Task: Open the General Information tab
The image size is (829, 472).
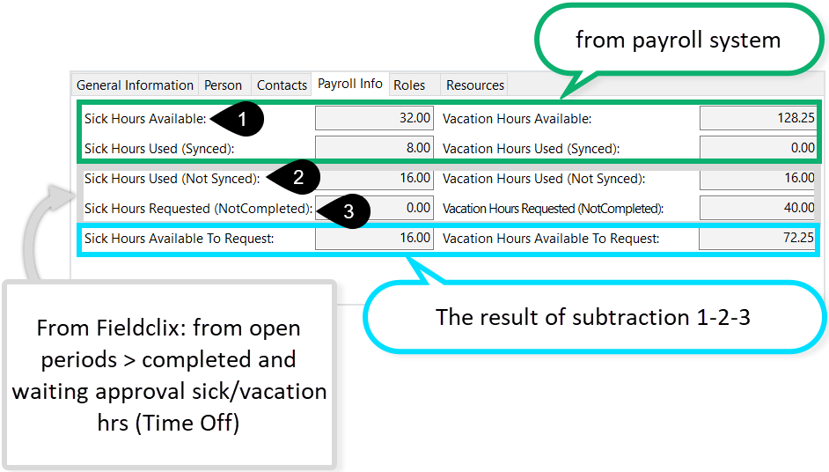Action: coord(135,85)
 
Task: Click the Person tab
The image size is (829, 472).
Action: coord(223,85)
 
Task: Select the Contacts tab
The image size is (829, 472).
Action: coord(282,85)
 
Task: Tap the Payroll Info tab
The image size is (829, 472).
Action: coord(349,84)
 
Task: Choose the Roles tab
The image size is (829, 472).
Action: coord(409,85)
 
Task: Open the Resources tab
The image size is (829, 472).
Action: coord(475,85)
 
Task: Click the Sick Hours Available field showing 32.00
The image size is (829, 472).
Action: coord(374,118)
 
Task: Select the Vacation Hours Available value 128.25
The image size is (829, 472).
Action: coord(758,118)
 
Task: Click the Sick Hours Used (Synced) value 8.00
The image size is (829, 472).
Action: coord(374,148)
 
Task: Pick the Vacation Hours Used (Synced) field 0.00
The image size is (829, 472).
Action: coord(758,148)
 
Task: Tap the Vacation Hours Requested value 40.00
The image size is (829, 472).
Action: coord(758,208)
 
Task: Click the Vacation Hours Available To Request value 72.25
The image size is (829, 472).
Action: coord(758,238)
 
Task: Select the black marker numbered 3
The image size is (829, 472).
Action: coord(347,210)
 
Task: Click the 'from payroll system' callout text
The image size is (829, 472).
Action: coord(677,41)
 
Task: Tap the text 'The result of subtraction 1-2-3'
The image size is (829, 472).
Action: coord(592,317)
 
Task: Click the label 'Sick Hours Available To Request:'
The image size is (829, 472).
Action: coord(179,238)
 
